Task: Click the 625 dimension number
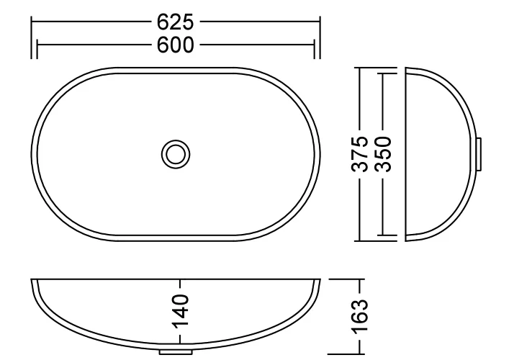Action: pyautogui.click(x=175, y=22)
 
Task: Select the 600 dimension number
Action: pyautogui.click(x=175, y=45)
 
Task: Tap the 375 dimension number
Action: pyautogui.click(x=360, y=154)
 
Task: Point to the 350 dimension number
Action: pyautogui.click(x=384, y=154)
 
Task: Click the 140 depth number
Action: pyautogui.click(x=181, y=311)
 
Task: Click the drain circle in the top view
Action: pyautogui.click(x=176, y=154)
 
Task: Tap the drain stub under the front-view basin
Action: pyautogui.click(x=176, y=352)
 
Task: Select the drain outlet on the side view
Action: pyautogui.click(x=479, y=154)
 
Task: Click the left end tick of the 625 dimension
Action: pyautogui.click(x=32, y=37)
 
